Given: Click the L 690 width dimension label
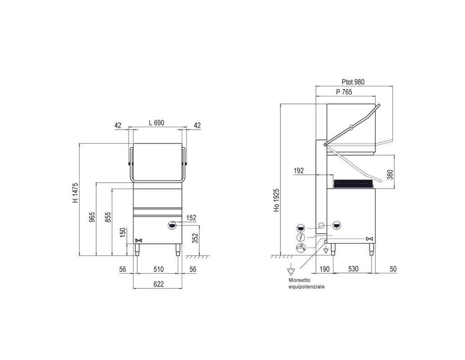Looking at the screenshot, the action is pyautogui.click(x=156, y=123).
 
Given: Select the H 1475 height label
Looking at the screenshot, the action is pyautogui.click(x=76, y=193).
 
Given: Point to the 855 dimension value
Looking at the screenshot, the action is pyautogui.click(x=108, y=217).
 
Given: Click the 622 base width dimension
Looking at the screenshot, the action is pyautogui.click(x=158, y=284).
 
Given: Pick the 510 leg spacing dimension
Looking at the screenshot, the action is pyautogui.click(x=158, y=269).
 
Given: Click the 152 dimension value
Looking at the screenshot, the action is pyautogui.click(x=191, y=218).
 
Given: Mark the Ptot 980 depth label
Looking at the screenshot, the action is pyautogui.click(x=353, y=82).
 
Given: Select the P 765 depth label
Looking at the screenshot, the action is pyautogui.click(x=344, y=92).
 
